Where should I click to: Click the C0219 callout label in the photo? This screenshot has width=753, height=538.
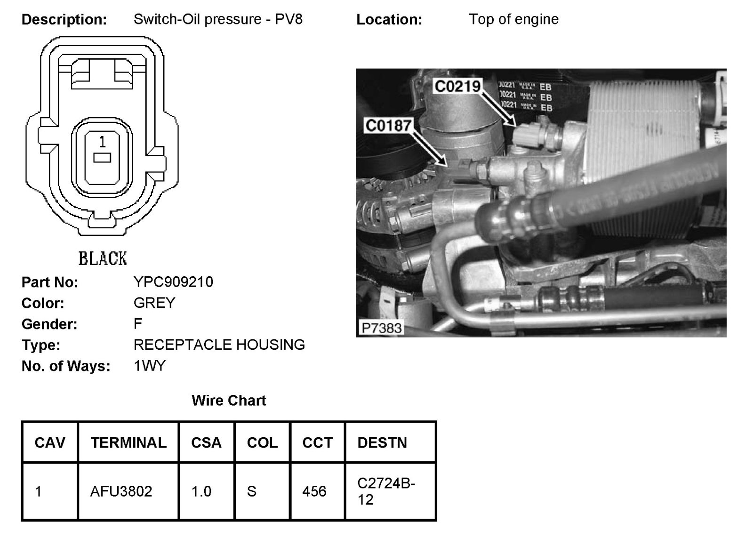coord(457,86)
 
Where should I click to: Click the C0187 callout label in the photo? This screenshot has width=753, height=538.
coord(389,126)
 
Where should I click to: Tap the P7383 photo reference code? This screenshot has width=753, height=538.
coord(382,328)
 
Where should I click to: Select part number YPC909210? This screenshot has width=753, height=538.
coord(173,282)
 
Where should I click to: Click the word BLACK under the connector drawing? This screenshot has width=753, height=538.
coord(103,259)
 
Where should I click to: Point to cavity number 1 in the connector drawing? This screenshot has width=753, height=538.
coord(102,142)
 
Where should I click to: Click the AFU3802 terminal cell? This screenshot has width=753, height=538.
coord(121,491)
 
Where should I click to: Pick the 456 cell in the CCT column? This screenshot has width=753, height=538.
coord(314,491)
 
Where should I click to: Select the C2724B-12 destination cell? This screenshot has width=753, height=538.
coord(386,491)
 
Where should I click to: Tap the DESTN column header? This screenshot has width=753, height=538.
coord(382,443)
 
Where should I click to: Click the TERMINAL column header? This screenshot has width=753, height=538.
coord(128,443)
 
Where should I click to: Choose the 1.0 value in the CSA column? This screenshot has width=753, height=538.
coord(201,491)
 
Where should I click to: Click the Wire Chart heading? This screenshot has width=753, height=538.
coord(229,401)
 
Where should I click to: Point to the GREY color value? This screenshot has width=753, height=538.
coord(154,303)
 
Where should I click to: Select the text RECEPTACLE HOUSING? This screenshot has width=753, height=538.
coord(219,345)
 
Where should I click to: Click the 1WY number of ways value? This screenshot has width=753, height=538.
coord(150,366)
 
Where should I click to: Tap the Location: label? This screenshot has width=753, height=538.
coord(389,20)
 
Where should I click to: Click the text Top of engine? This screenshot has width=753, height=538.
coord(513,19)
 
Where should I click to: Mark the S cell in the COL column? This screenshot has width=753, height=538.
coord(252,491)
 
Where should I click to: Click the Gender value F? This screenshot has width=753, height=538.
coord(138,324)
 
